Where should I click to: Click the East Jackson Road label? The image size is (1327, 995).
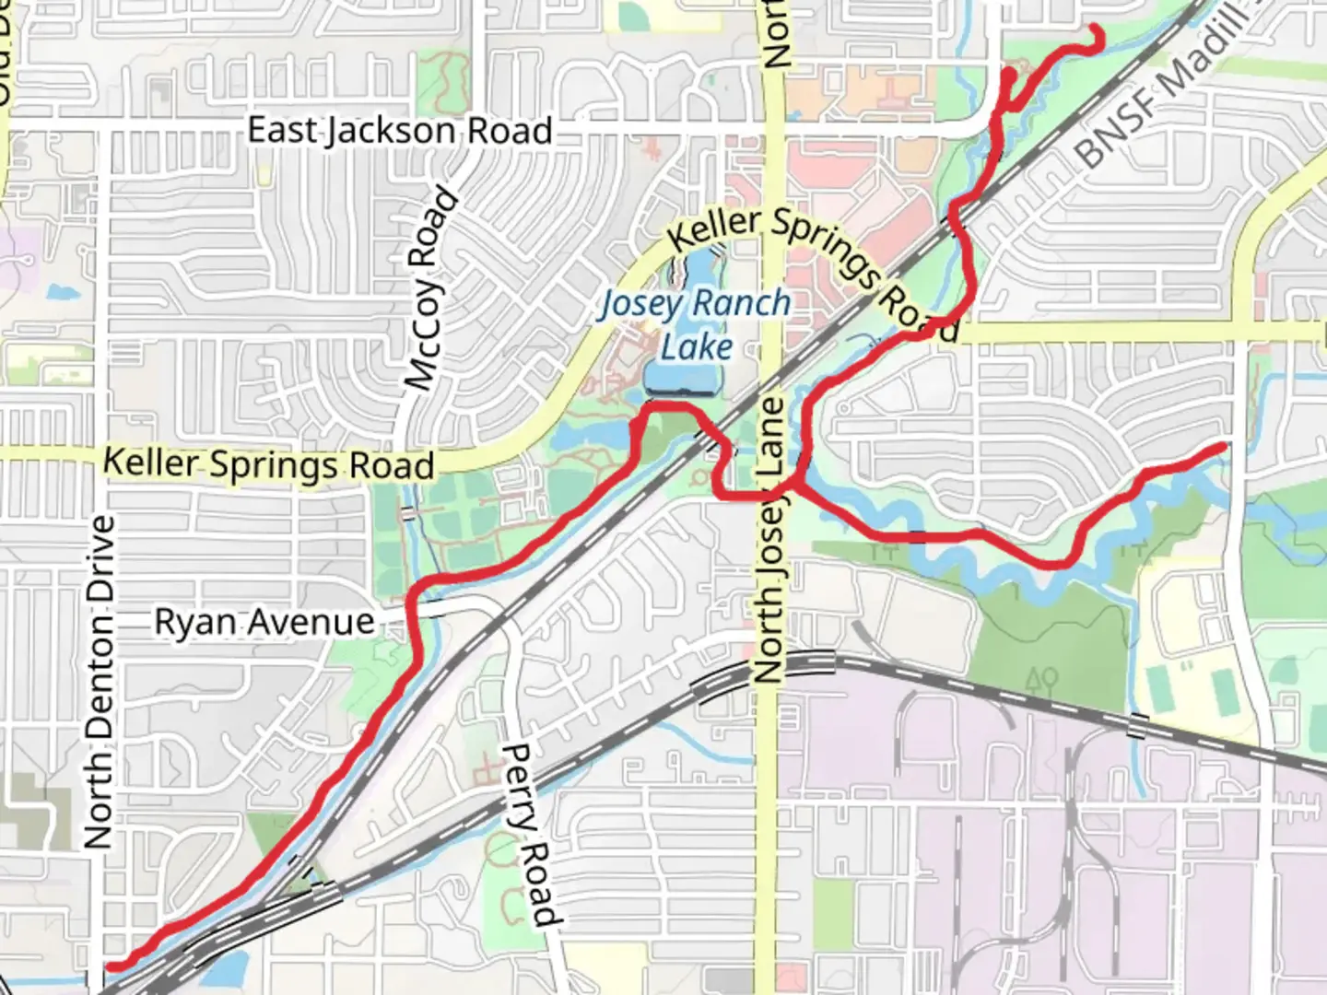400,130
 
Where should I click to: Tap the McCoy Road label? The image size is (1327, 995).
431,289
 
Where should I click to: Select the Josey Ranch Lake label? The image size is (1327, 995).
697,324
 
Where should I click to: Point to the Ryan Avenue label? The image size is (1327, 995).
264,622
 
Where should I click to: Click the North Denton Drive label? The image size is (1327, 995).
99,682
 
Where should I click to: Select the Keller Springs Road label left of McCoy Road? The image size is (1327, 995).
268,463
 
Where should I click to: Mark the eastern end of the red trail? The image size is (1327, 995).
1224,447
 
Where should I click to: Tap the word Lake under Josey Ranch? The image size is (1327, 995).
697,347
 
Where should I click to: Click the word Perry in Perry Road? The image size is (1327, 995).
517,782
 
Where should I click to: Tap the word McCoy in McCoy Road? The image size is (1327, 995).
421,343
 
